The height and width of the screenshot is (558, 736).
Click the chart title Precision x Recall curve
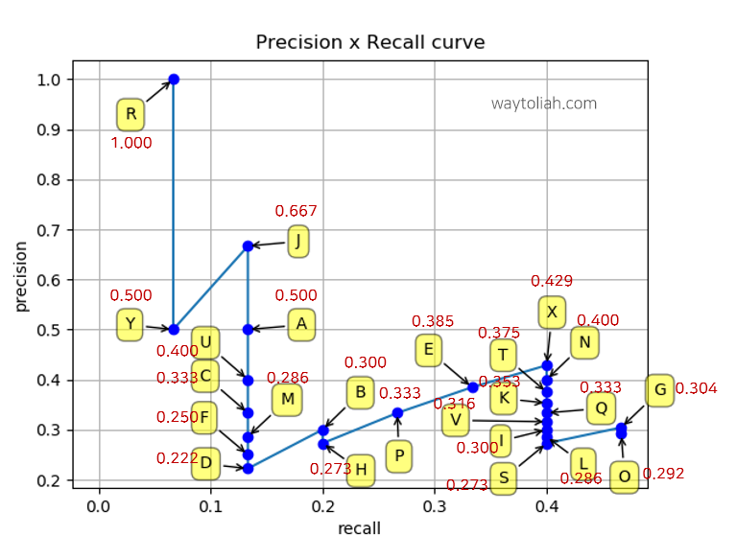pos(369,43)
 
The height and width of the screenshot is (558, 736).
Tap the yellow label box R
pos(131,115)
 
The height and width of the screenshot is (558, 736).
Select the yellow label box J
pos(298,242)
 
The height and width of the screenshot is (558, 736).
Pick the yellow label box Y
pos(130,324)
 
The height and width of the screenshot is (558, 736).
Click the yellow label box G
pos(659,390)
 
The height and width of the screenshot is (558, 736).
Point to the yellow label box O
pos(625,477)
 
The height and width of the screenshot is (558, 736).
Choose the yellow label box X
pos(552,312)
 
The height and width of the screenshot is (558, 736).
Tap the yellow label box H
pos(360,470)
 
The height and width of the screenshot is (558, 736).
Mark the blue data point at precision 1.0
pos(174,80)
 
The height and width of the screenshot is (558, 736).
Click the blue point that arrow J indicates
pos(248,246)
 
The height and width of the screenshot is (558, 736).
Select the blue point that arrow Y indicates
pos(174,330)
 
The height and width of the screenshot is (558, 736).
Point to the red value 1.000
pos(131,143)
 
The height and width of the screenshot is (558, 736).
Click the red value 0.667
pos(296,211)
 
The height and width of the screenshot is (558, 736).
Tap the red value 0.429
pos(552,281)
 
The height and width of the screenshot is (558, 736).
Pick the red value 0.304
pos(696,388)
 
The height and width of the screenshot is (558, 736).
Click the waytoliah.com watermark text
pos(544,104)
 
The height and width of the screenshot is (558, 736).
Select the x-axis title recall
pos(359,528)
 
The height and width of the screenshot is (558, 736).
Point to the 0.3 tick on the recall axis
pos(435,505)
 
